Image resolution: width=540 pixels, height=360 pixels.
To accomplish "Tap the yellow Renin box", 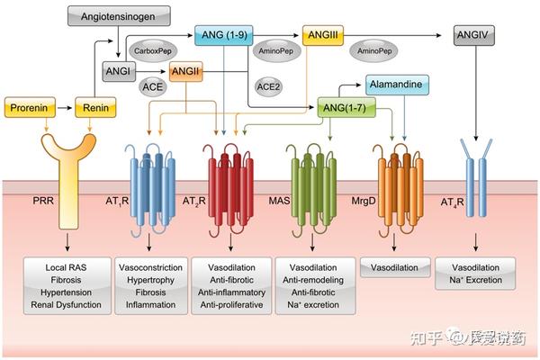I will pos(96,108).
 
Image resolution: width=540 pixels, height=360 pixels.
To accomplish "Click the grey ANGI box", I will pos(118,71).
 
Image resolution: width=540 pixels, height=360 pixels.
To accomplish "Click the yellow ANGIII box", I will pos(321,33).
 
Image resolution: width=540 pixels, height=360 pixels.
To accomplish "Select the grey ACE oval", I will pos(152,86).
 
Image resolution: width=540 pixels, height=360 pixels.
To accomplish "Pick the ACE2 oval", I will pos(268,86).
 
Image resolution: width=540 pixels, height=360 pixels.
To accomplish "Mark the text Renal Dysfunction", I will pos(65,305).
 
